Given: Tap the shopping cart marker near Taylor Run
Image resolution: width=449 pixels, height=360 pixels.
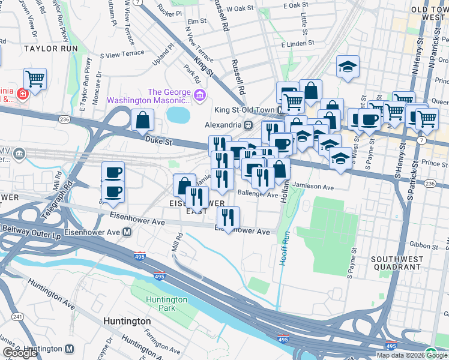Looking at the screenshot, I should (x=35, y=79).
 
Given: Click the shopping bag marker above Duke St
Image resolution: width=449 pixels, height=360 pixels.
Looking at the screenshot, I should (x=142, y=120).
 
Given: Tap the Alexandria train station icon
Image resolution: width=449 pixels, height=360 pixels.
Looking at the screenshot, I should (x=247, y=125).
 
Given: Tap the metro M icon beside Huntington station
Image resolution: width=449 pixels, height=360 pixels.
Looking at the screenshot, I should (x=69, y=349).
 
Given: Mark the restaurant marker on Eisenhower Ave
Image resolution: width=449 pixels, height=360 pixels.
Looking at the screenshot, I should (x=228, y=218).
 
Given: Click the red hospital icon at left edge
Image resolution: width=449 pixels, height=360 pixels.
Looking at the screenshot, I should (x=22, y=94).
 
